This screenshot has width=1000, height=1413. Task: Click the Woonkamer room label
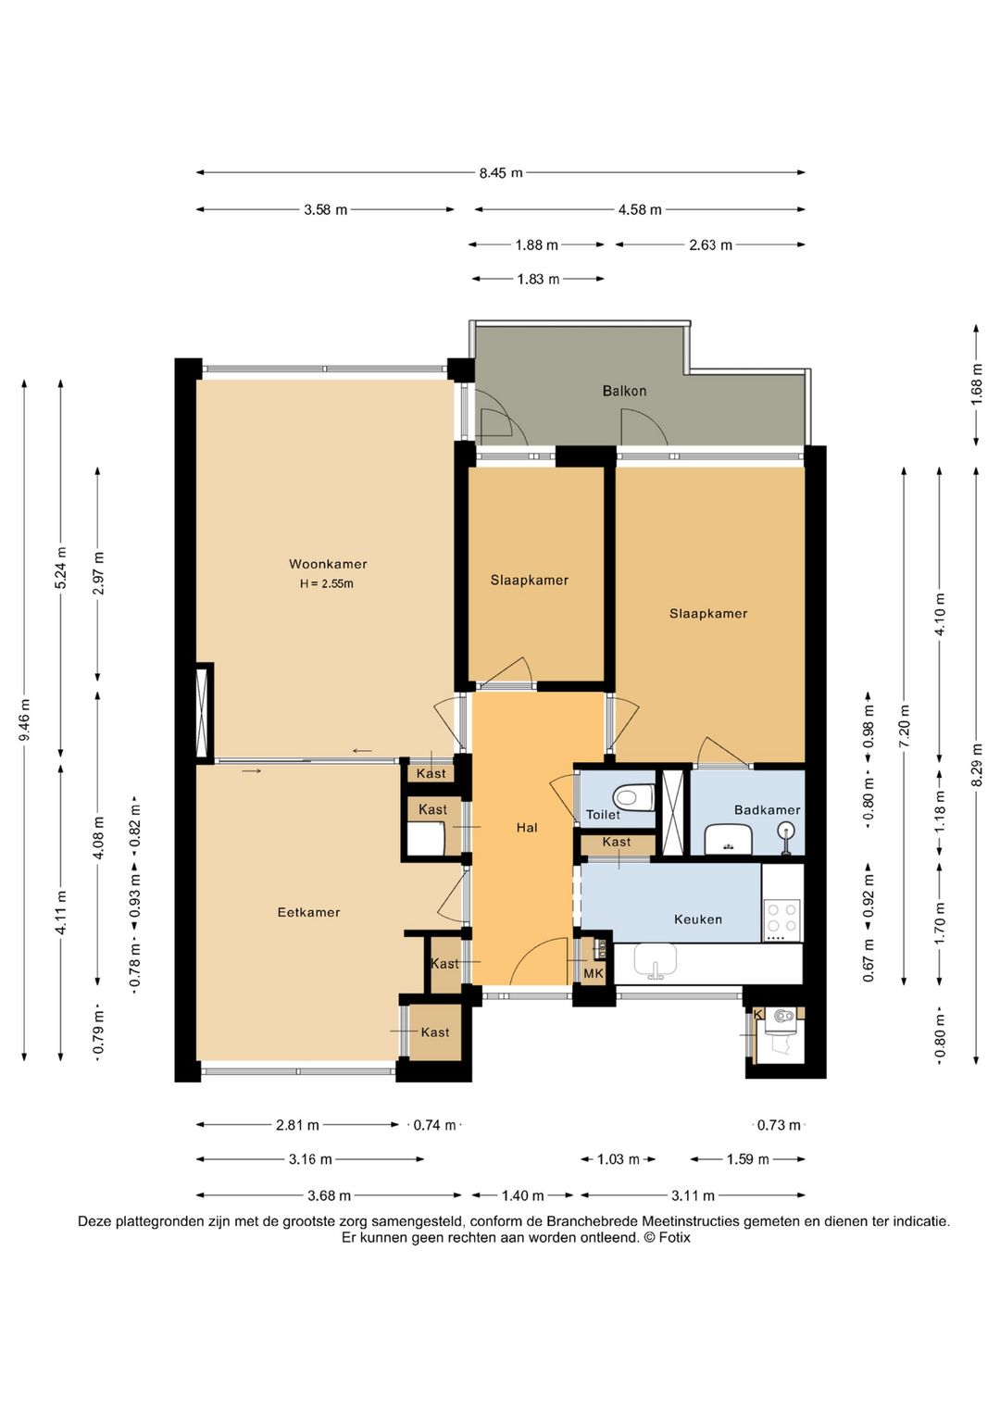click(x=328, y=564)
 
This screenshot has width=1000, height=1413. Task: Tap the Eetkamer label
click(x=308, y=912)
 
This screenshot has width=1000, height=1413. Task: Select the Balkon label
click(x=624, y=391)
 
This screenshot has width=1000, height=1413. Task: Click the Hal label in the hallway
click(x=527, y=828)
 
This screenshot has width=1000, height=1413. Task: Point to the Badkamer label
click(x=767, y=810)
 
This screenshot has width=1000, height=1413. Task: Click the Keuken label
click(x=698, y=919)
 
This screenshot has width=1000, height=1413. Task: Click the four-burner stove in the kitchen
click(x=782, y=918)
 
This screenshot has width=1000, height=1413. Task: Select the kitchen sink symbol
click(x=656, y=961)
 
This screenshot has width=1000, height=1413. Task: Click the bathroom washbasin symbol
click(x=729, y=839)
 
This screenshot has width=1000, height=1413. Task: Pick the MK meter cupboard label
click(x=594, y=973)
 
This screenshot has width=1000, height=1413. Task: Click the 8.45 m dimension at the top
click(x=500, y=173)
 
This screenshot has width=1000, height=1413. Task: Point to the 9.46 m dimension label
click(x=25, y=719)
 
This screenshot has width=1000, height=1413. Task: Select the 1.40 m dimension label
click(x=522, y=1195)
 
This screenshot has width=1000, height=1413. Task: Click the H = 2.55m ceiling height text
click(x=327, y=584)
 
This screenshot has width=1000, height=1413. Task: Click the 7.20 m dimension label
click(x=904, y=725)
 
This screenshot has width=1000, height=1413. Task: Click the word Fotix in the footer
click(x=674, y=1238)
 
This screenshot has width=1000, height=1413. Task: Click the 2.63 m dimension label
click(x=710, y=245)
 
